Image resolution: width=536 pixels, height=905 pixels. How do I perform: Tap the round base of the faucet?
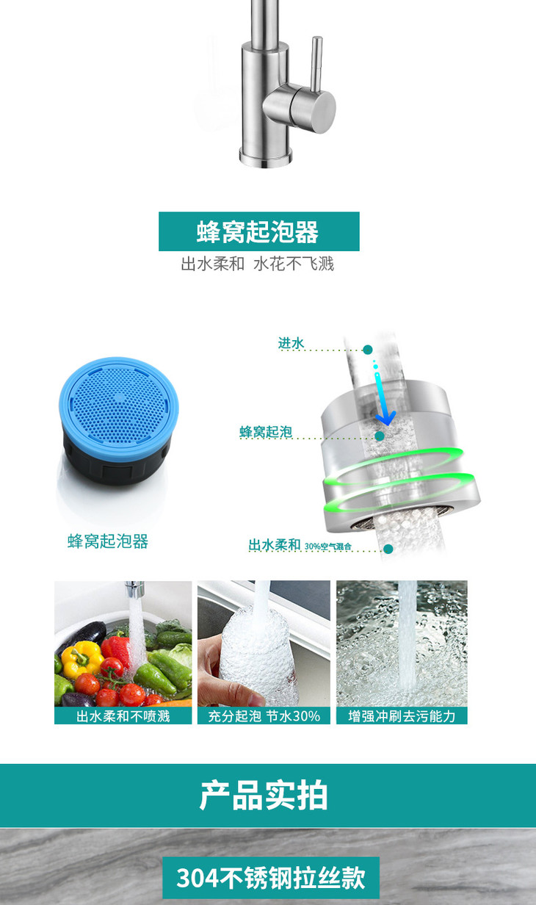pyautogui.click(x=265, y=156)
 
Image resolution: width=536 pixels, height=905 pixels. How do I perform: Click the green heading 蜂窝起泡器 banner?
pyautogui.click(x=258, y=231)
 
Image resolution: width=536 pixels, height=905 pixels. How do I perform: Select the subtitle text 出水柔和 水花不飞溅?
pyautogui.click(x=258, y=264)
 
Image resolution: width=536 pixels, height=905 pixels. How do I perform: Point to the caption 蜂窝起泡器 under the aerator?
pyautogui.click(x=108, y=542)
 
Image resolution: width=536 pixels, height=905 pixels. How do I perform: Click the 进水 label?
pyautogui.click(x=291, y=343)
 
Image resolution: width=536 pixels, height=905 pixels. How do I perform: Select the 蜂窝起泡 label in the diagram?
pyautogui.click(x=266, y=432)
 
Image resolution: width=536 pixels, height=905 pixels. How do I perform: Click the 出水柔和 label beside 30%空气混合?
pyautogui.click(x=275, y=545)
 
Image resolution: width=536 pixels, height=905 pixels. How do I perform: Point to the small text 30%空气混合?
pyautogui.click(x=328, y=547)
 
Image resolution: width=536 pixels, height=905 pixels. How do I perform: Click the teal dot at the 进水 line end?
pyautogui.click(x=368, y=350)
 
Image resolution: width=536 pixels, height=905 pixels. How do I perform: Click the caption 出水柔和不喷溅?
pyautogui.click(x=123, y=715)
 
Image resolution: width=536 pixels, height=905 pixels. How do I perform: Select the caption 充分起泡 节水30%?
pyautogui.click(x=264, y=715)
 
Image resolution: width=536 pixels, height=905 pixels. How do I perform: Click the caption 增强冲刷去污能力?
pyautogui.click(x=402, y=715)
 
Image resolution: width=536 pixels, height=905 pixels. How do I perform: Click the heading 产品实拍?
pyautogui.click(x=264, y=796)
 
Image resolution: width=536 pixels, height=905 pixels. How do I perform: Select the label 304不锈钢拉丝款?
pyautogui.click(x=270, y=878)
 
